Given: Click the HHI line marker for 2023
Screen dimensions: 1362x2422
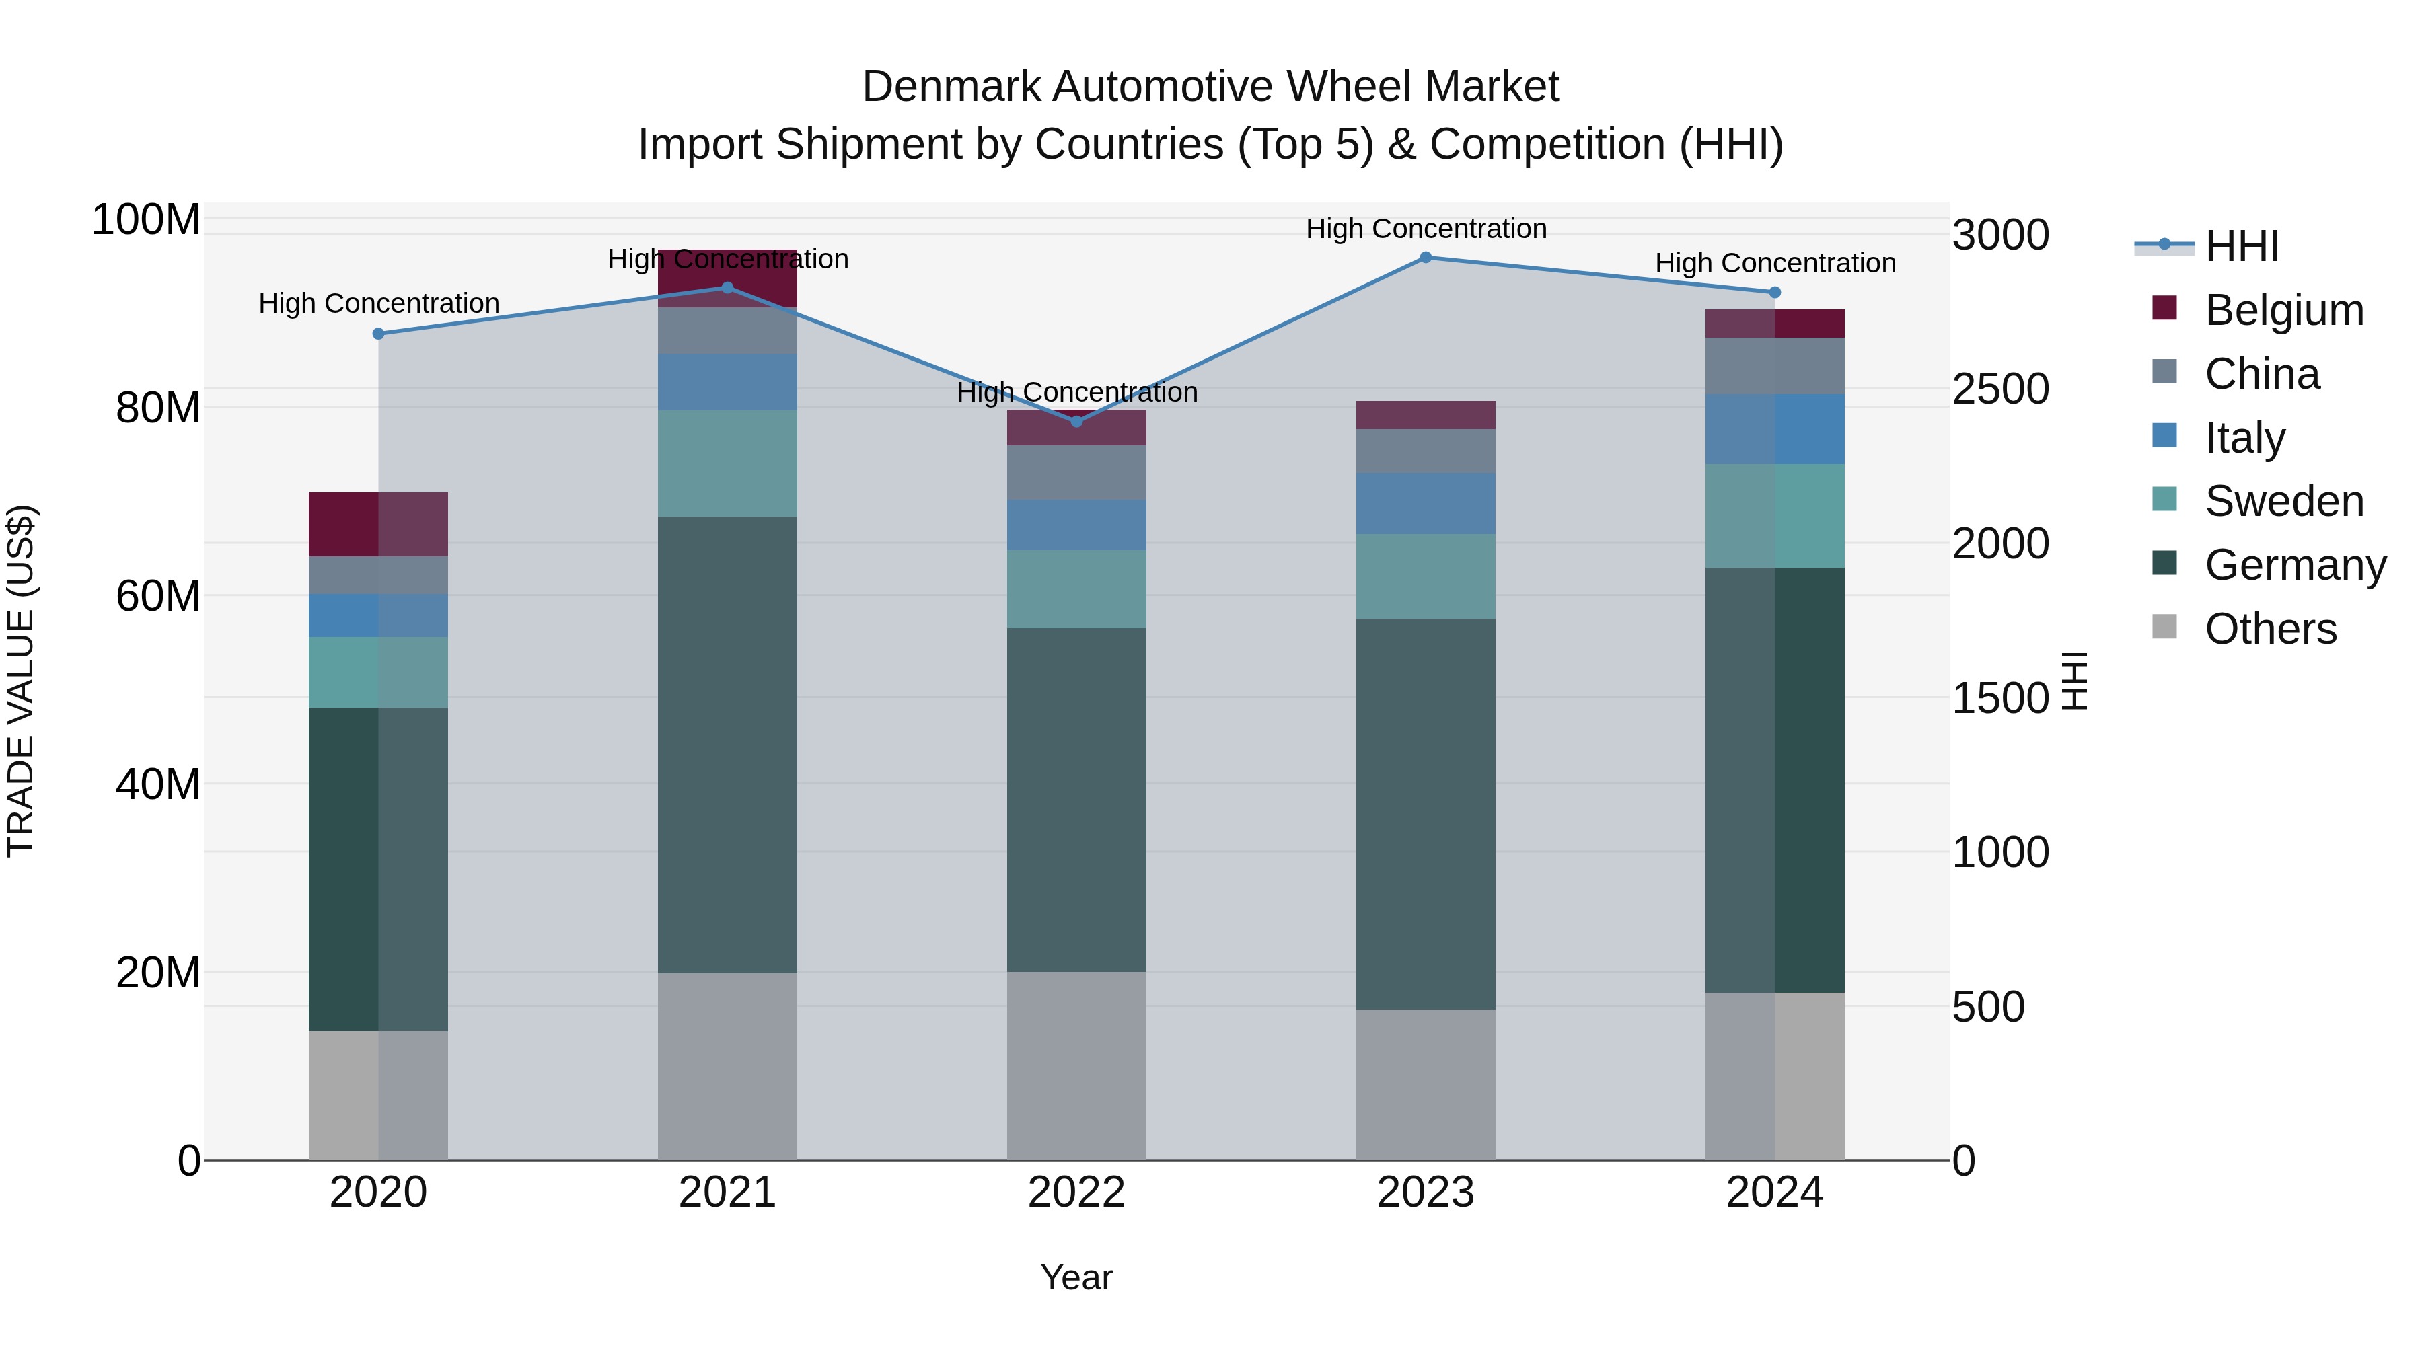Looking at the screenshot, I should (x=1426, y=258).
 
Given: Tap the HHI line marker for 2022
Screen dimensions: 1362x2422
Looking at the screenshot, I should (x=1076, y=421).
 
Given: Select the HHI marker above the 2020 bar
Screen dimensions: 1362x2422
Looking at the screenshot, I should (x=378, y=334).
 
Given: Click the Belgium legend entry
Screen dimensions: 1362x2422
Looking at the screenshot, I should (x=2283, y=310).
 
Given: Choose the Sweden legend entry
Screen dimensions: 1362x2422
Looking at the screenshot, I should (x=2283, y=501).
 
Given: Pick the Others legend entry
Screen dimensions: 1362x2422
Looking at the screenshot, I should (x=2270, y=629).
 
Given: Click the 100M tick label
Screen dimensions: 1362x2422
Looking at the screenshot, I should (x=146, y=220).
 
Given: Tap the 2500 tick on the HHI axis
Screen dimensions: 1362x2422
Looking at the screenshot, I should (x=2000, y=389).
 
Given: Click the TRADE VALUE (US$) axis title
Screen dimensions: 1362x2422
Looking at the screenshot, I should (x=21, y=681).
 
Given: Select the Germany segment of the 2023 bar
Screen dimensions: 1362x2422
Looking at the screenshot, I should (x=1426, y=813).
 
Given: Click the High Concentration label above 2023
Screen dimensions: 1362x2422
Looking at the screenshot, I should (x=1426, y=229).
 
